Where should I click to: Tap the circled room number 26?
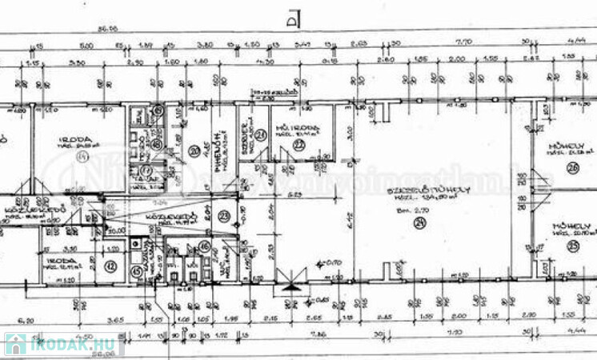[572, 167]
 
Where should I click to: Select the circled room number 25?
[572, 246]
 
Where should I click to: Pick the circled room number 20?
[193, 150]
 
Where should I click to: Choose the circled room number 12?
[111, 266]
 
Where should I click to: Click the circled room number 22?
[298, 145]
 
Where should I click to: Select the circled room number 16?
[204, 246]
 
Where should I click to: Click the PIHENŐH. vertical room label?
[216, 144]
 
